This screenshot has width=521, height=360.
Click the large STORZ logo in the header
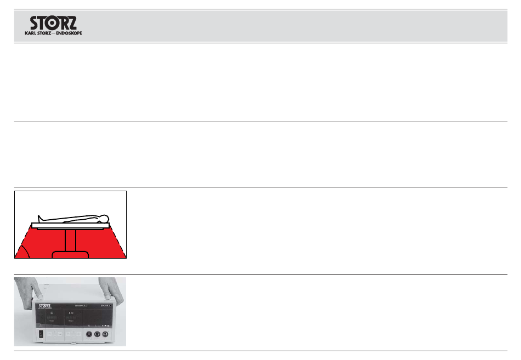[x=53, y=24]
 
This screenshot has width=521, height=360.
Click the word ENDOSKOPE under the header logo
[x=69, y=33]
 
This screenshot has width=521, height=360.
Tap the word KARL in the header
[x=32, y=33]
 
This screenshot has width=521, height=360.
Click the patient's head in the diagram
[x=104, y=219]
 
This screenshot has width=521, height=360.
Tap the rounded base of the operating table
[x=70, y=254]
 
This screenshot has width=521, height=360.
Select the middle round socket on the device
[x=98, y=333]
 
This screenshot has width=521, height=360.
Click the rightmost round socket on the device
[x=105, y=333]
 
